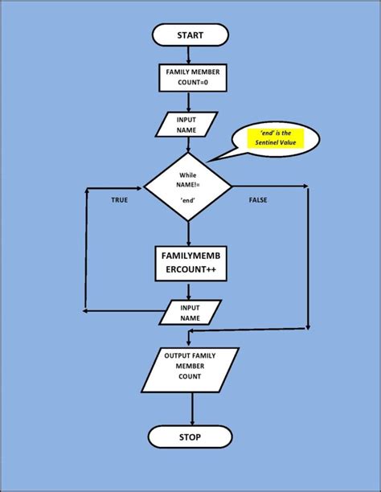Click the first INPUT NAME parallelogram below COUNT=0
(187, 124)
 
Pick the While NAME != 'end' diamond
(187, 190)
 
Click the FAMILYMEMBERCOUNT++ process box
(189, 264)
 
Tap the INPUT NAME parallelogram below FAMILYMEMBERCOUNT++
(190, 312)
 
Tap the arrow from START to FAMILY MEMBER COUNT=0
(187, 55)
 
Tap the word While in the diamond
(188, 174)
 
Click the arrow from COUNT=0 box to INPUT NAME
(187, 102)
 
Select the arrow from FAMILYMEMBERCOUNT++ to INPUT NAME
(190, 290)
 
